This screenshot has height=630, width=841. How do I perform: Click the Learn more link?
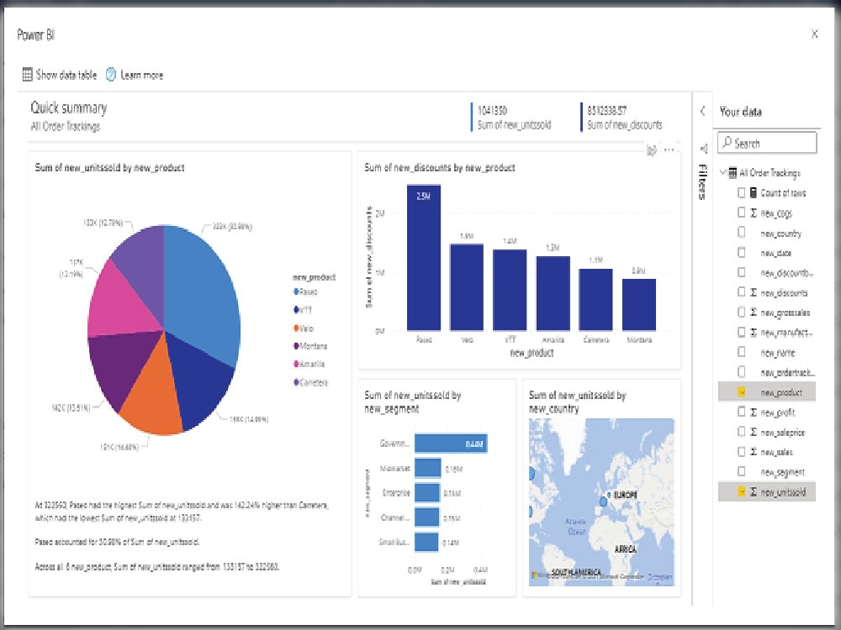pyautogui.click(x=141, y=75)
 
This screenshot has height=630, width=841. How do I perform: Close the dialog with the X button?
pyautogui.click(x=814, y=34)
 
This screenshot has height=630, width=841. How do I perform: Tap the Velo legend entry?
pyautogui.click(x=305, y=328)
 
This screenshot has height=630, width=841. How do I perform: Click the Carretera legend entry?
pyautogui.click(x=310, y=382)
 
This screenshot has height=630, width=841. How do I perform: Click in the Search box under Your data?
pyautogui.click(x=767, y=144)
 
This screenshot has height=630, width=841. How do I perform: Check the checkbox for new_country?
pyautogui.click(x=741, y=233)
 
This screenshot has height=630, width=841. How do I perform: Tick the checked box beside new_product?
pyautogui.click(x=741, y=392)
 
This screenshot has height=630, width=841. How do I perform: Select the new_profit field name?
pyautogui.click(x=777, y=412)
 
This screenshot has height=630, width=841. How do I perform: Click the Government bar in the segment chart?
pyautogui.click(x=451, y=444)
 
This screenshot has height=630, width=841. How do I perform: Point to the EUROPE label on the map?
pyautogui.click(x=625, y=494)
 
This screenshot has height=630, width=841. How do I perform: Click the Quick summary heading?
pyautogui.click(x=69, y=108)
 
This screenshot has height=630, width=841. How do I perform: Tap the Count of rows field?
pyautogui.click(x=782, y=193)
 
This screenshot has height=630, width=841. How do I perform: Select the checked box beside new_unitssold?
pyautogui.click(x=741, y=492)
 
